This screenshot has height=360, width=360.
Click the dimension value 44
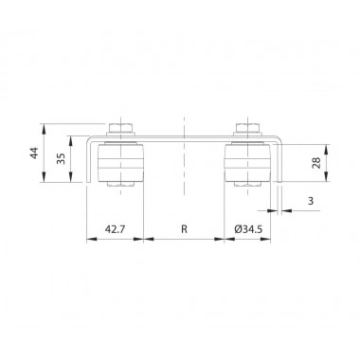point(35,153)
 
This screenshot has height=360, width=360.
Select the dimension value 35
point(61,159)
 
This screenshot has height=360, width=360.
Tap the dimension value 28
point(316,162)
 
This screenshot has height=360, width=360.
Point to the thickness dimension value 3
point(311,201)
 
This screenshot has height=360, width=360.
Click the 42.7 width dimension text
point(115,229)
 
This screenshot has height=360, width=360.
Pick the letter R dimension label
point(184,229)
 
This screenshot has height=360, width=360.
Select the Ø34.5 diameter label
point(248,229)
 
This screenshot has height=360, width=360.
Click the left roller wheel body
point(121,163)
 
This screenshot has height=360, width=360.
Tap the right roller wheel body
point(247,163)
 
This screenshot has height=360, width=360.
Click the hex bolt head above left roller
point(121,128)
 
